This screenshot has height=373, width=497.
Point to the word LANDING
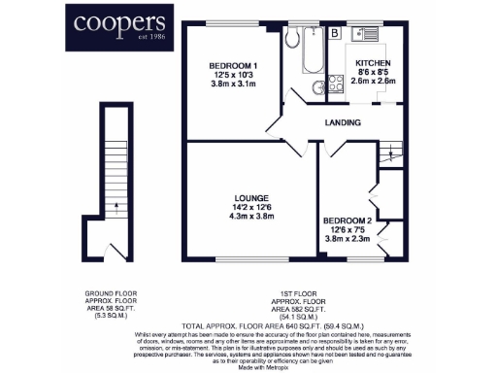coord(344,123)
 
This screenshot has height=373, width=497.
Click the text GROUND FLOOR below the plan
coord(114,292)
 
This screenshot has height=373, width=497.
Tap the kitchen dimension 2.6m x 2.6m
coord(374,81)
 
